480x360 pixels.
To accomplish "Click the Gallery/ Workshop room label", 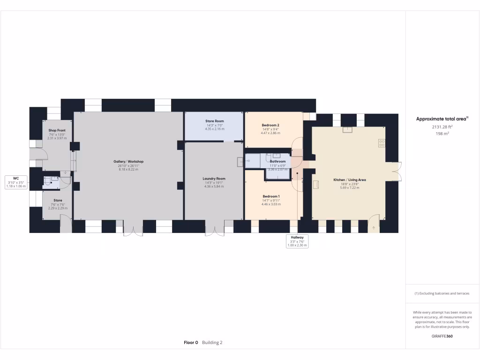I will coord(128,162).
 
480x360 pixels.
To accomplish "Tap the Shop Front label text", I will coord(57,130).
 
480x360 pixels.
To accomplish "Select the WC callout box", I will coord(16,182).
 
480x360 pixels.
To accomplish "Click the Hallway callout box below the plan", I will coord(297,241).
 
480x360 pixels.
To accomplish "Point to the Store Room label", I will coord(214,121).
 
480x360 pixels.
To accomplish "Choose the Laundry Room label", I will coord(214,179).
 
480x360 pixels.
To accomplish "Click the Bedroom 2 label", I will coord(270,125).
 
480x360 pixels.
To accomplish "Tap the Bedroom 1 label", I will coord(271,196).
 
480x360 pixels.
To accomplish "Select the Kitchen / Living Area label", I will coord(349,180).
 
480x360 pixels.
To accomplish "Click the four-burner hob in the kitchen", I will coord(382,143).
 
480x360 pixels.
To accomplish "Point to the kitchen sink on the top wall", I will coord(347,129).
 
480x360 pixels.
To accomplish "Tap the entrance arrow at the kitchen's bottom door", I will coord(374,228).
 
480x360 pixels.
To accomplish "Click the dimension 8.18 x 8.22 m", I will coord(128,169).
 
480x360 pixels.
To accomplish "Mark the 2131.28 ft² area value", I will coord(442,127).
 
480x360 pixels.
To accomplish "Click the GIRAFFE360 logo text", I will coord(442,336).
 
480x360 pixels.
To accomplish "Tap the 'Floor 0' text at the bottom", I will coord(191,343).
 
